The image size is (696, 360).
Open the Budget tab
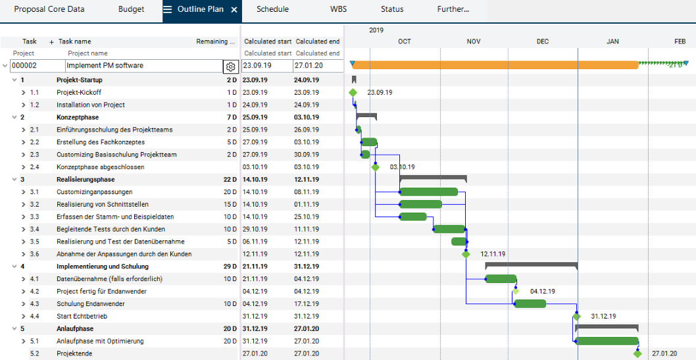click(x=131, y=9)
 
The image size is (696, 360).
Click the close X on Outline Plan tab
click(x=234, y=10)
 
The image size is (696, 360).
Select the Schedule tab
click(x=272, y=9)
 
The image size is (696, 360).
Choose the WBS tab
click(x=339, y=9)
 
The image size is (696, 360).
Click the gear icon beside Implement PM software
click(x=230, y=66)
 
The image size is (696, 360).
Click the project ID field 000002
click(x=36, y=66)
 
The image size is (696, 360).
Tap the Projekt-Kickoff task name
click(x=79, y=92)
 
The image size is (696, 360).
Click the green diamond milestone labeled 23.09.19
click(x=353, y=93)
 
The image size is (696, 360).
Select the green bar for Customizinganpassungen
click(x=428, y=192)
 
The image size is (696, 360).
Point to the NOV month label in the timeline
click(x=474, y=41)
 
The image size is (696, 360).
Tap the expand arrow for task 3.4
click(x=24, y=229)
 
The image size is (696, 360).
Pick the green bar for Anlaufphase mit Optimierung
click(x=607, y=341)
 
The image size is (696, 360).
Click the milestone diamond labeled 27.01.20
click(x=637, y=353)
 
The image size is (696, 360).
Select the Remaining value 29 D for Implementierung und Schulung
click(x=228, y=267)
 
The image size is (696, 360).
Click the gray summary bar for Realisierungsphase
click(x=433, y=178)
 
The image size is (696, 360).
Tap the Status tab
click(x=392, y=9)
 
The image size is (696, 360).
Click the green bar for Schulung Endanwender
click(x=530, y=303)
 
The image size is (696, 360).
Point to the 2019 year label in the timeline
click(x=376, y=30)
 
